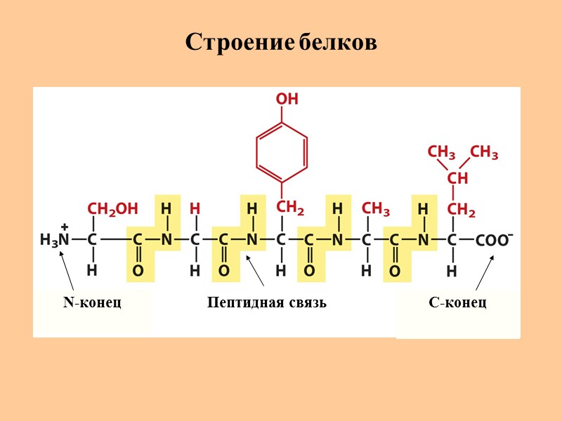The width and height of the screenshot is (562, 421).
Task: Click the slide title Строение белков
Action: click(281, 43)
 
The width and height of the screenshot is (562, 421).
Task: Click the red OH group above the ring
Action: click(286, 100)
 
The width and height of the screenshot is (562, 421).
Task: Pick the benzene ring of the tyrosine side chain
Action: click(282, 150)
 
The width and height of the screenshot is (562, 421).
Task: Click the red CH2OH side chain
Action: click(112, 208)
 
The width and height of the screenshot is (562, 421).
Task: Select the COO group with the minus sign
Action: click(494, 239)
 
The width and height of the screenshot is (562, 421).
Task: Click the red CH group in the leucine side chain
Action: click(457, 179)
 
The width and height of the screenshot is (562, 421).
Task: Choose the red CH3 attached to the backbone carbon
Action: click(375, 208)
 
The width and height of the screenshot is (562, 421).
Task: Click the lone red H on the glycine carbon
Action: click(195, 208)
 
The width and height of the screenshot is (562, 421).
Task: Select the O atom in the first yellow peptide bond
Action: click(138, 270)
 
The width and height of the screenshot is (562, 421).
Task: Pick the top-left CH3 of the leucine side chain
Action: click(441, 152)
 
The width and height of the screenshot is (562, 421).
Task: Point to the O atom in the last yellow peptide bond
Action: click(395, 270)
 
